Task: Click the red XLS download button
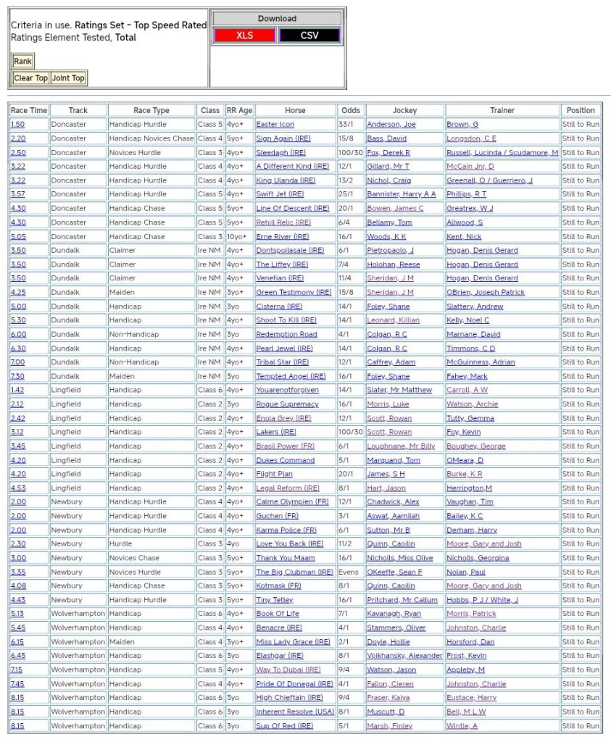click(x=244, y=36)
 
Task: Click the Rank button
click(x=22, y=62)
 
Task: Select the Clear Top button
click(x=30, y=78)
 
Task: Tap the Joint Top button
click(x=68, y=78)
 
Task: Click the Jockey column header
click(x=404, y=110)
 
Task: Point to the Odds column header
click(x=350, y=110)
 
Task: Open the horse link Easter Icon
click(x=275, y=125)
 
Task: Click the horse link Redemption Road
click(x=286, y=334)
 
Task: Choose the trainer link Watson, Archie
click(x=472, y=404)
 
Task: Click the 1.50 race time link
click(x=18, y=125)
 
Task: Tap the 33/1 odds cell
click(x=346, y=125)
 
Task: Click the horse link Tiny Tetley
click(x=274, y=600)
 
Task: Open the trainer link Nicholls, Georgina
click(x=478, y=558)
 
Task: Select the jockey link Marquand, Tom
click(x=394, y=460)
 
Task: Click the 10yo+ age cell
click(x=237, y=236)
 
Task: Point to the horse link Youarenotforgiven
click(x=287, y=390)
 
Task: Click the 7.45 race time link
click(x=18, y=683)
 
